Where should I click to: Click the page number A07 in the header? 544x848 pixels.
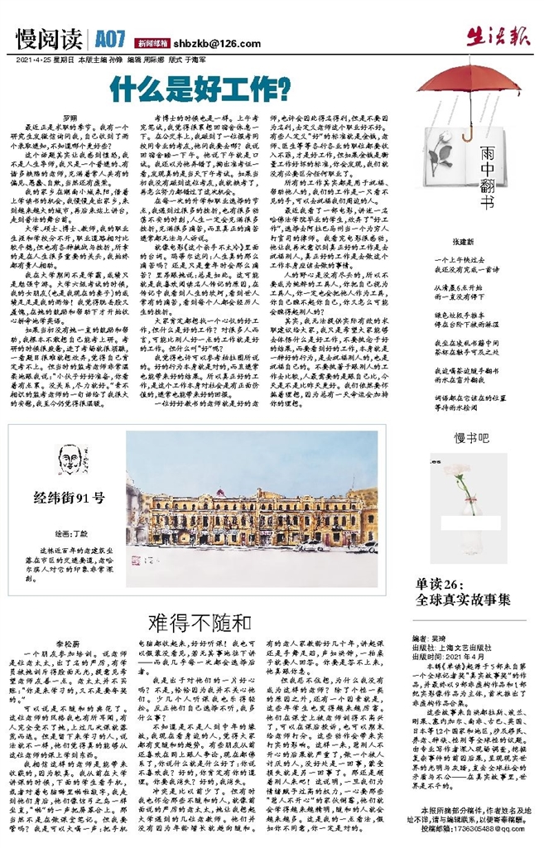tap(109, 39)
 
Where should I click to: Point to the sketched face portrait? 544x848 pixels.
tap(72, 460)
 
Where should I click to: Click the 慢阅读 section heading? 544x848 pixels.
tap(48, 39)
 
